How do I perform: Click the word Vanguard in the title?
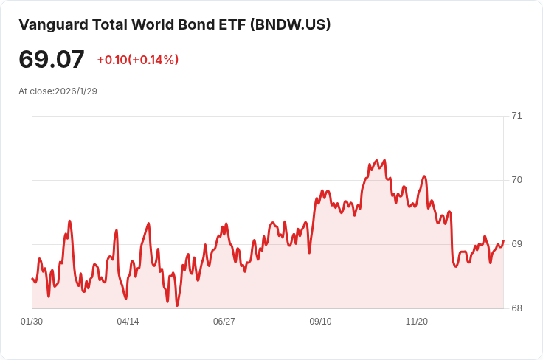[53, 25]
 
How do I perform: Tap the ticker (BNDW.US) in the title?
[290, 24]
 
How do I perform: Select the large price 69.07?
[52, 59]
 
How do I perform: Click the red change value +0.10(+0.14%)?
[138, 60]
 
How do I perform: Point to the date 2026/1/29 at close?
[76, 91]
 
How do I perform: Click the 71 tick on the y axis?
[516, 116]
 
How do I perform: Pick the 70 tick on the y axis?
[516, 180]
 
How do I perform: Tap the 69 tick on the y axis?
[516, 244]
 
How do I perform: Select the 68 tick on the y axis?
[516, 308]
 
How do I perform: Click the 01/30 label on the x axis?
[32, 322]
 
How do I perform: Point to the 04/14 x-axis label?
[128, 322]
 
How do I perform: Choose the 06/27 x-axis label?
[224, 322]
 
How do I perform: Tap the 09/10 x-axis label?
[320, 322]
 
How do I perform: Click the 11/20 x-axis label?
[417, 322]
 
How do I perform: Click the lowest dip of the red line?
[177, 305]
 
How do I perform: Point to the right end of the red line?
[503, 240]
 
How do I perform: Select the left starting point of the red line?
[32, 278]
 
